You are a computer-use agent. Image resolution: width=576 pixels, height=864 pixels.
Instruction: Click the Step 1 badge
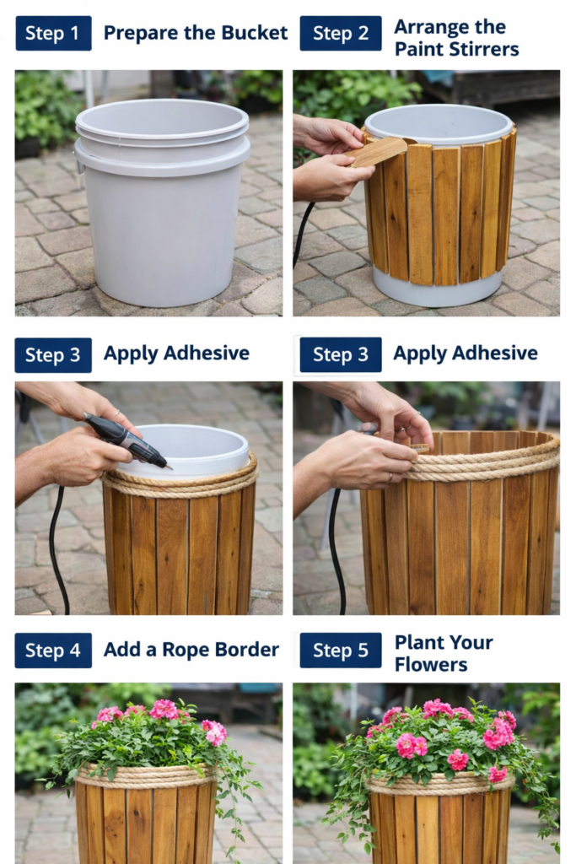coord(53,33)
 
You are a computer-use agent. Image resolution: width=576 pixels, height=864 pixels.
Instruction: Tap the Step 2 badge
coord(341,33)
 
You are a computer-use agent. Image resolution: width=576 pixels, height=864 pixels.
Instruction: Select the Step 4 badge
coord(53,651)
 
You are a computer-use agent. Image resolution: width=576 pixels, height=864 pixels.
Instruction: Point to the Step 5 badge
coord(341,651)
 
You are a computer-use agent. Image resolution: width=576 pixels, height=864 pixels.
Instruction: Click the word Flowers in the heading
coord(431,665)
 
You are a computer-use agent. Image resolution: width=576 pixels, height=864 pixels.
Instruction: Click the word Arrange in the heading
coord(428,28)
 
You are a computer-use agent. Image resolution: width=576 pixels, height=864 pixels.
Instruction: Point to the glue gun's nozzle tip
coord(170,468)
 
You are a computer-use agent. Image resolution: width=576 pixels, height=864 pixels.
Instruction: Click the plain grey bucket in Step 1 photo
coord(162,202)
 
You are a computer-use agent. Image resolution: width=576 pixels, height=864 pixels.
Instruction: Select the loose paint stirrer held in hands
coord(378,152)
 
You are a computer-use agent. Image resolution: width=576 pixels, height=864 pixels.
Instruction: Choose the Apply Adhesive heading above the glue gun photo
coord(176,354)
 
